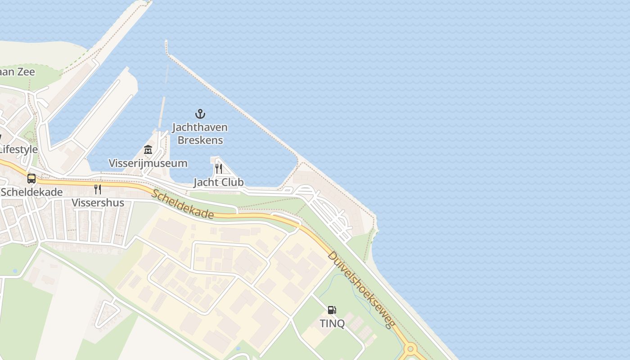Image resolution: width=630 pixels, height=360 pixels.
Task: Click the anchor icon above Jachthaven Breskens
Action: pos(200,114)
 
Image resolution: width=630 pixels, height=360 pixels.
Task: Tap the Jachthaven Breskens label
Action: pos(200,134)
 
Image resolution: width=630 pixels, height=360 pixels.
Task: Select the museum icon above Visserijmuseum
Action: pos(148,150)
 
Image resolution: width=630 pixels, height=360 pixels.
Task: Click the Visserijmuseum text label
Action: pos(148,163)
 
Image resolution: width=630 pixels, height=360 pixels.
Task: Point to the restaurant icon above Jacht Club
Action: pos(218,169)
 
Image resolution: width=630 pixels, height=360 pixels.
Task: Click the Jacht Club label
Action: pos(219,182)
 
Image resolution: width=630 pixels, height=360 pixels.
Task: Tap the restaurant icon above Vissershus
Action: pos(97,189)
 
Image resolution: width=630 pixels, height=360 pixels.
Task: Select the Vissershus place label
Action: pos(98,202)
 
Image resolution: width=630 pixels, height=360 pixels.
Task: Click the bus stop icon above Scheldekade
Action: pos(31,179)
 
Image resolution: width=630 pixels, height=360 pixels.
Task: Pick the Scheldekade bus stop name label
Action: pos(31,192)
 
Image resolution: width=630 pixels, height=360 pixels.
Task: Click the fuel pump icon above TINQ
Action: pos(332,310)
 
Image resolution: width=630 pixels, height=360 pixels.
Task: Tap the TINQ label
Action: pos(332,323)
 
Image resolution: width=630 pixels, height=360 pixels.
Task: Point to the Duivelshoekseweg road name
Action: pos(361,289)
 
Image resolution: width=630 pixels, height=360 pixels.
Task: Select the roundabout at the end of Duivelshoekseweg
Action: pos(410,349)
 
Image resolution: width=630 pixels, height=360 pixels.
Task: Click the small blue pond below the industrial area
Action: pos(238,348)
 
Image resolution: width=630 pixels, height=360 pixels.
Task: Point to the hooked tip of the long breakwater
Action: pos(166,46)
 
